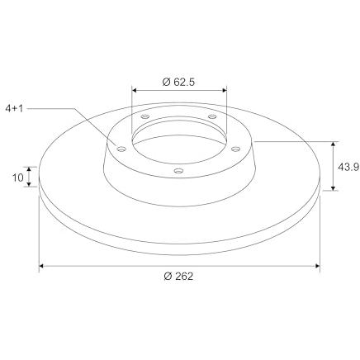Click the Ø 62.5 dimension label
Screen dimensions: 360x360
[x=178, y=82]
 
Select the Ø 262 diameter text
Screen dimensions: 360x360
[x=178, y=276]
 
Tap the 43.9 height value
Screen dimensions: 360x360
[x=348, y=167]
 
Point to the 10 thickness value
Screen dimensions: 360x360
[x=18, y=178]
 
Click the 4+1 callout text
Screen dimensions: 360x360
[x=14, y=108]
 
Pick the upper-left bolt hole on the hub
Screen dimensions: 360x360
[x=144, y=116]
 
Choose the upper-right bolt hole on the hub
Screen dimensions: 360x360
[x=212, y=116]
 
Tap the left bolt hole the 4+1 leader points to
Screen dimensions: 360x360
[x=121, y=149]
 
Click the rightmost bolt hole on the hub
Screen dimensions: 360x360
[x=235, y=149]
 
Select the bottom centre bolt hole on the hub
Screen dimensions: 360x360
[x=178, y=171]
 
